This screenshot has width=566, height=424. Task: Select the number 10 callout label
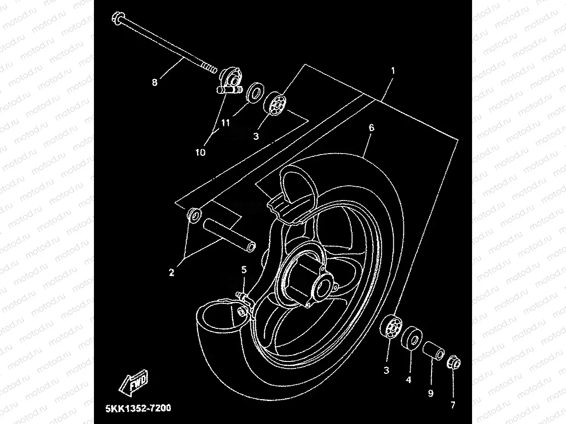(x=200, y=152)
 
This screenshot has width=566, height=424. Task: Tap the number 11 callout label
(x=225, y=123)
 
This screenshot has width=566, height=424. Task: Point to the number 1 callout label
(x=392, y=71)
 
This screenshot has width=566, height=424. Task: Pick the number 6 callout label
(x=371, y=128)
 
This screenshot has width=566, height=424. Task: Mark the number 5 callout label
(x=244, y=269)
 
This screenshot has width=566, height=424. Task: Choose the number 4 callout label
(x=408, y=380)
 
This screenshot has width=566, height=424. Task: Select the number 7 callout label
(x=453, y=405)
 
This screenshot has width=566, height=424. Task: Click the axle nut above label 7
(x=453, y=362)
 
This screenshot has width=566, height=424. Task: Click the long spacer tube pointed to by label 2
(x=228, y=233)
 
